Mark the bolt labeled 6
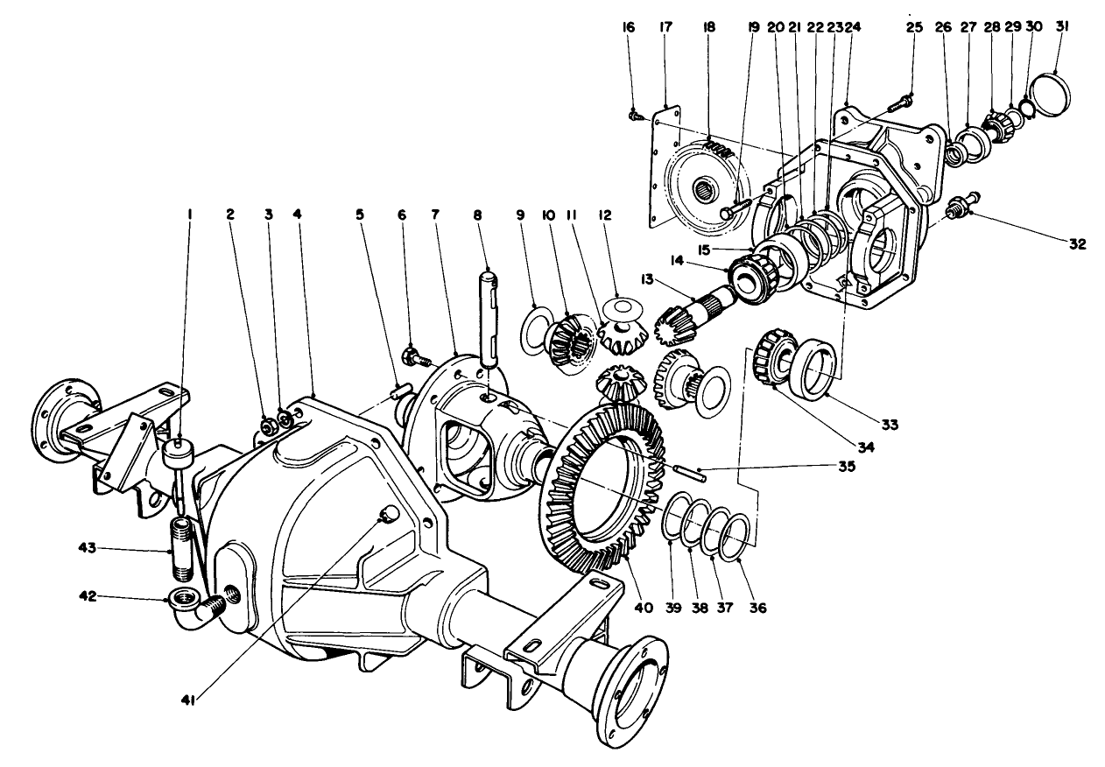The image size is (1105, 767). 413,356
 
